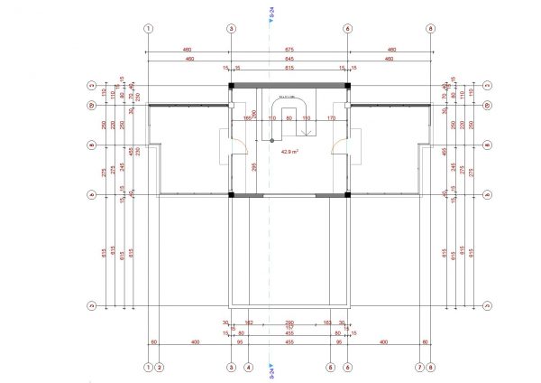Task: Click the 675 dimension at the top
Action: (x=289, y=49)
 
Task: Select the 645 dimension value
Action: (x=289, y=58)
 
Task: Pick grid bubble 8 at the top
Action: (x=431, y=28)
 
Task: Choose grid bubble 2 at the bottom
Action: (x=160, y=368)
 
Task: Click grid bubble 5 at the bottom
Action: (x=330, y=368)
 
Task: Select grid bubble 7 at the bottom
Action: (x=419, y=368)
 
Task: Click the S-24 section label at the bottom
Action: (x=271, y=371)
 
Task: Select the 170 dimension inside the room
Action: (x=331, y=117)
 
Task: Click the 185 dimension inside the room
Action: (x=246, y=117)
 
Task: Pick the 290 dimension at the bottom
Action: (x=289, y=322)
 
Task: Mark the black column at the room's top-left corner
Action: (x=231, y=85)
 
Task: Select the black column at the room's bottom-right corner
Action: (x=347, y=193)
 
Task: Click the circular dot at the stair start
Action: (x=268, y=140)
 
